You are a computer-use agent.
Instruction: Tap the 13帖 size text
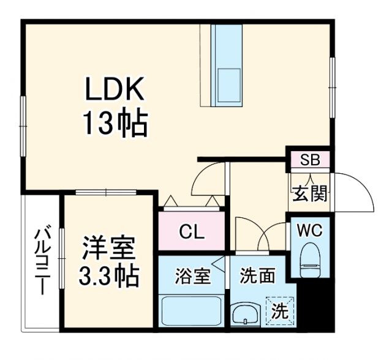tap(115, 124)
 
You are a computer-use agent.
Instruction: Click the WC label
tap(309, 231)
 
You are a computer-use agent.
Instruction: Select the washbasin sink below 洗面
tap(247, 314)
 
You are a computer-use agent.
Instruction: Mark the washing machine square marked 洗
tap(280, 311)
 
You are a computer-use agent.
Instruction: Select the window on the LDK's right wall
tap(333, 86)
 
